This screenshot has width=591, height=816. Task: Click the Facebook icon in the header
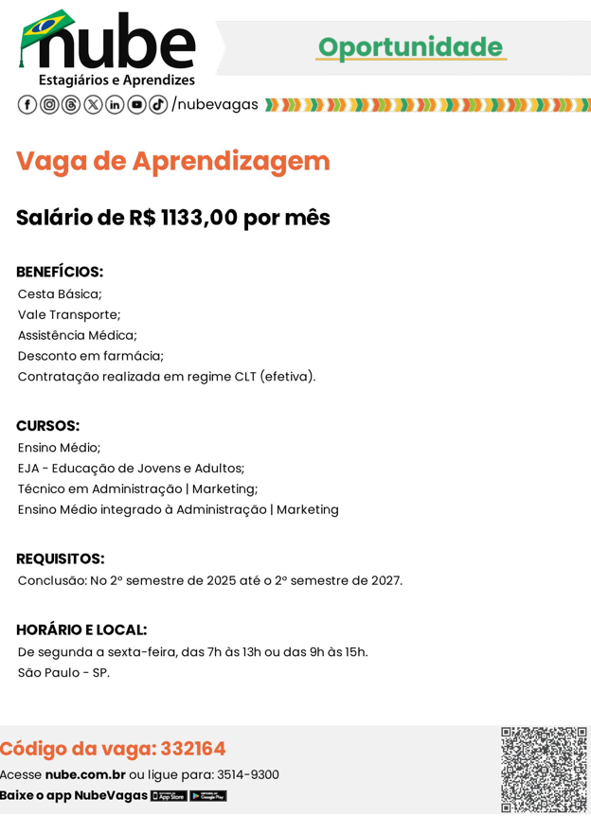tap(27, 104)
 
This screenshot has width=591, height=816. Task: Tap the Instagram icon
tap(49, 104)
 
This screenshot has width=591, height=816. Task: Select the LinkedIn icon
tap(115, 104)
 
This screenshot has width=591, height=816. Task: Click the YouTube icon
tap(136, 104)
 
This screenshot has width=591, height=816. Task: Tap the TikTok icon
tap(158, 104)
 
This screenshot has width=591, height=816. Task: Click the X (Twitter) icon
tap(93, 104)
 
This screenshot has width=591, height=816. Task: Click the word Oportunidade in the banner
tap(410, 47)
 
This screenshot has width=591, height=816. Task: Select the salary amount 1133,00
tap(199, 218)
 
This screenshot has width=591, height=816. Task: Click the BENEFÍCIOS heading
tap(60, 272)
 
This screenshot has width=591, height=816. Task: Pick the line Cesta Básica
tap(60, 293)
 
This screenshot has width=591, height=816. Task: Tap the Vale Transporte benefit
tap(69, 314)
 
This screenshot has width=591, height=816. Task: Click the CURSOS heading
tap(47, 426)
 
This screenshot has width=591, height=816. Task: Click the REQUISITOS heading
tap(61, 559)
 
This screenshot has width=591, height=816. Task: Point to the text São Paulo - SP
tap(63, 673)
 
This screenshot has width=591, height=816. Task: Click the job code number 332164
tap(193, 749)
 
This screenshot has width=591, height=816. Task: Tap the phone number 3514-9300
tap(248, 774)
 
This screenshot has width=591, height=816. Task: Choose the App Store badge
tap(169, 796)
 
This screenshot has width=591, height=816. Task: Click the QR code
tap(544, 769)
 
